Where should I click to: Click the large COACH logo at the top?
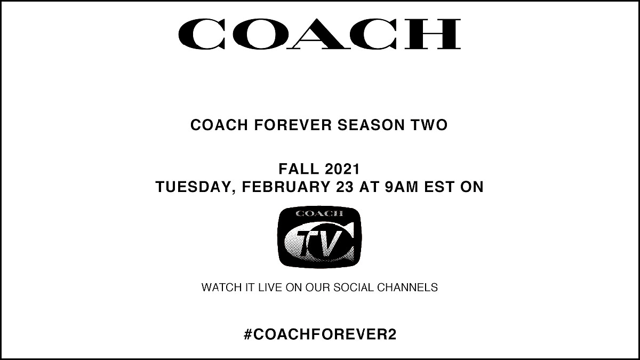click(x=319, y=34)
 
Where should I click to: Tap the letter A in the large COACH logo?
click(x=322, y=34)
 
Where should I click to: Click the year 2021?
click(x=342, y=170)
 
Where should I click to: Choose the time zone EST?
click(x=445, y=188)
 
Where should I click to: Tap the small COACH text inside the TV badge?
click(x=319, y=214)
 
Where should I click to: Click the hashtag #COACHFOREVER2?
click(x=319, y=335)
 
